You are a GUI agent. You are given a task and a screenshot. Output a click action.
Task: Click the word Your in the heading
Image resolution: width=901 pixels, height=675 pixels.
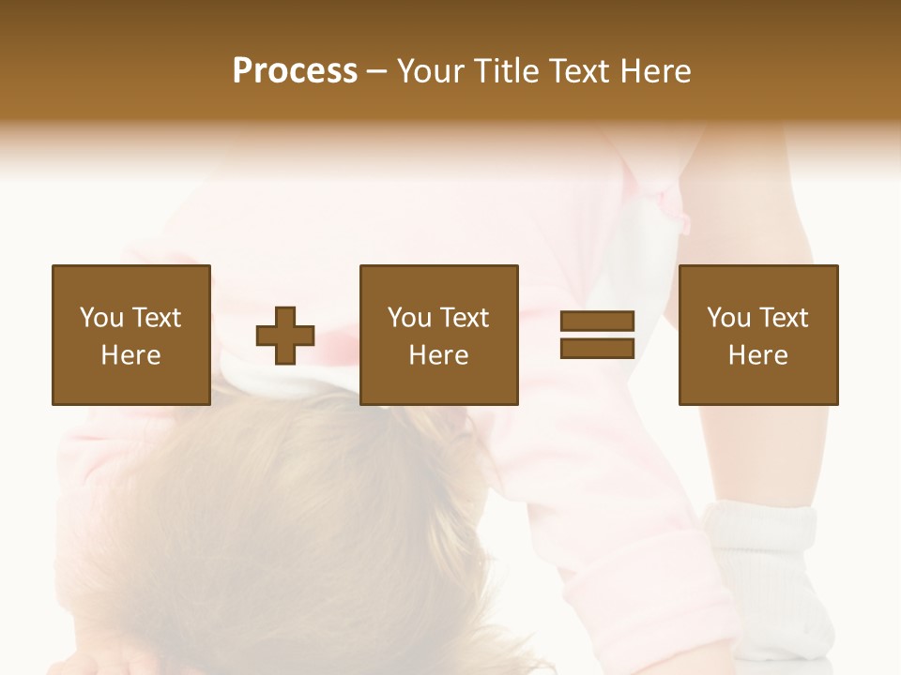tap(434, 72)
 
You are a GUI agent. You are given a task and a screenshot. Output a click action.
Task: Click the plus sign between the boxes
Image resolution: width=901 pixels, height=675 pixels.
tap(285, 335)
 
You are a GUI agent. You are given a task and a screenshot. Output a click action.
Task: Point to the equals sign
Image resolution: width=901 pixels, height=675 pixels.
tap(597, 335)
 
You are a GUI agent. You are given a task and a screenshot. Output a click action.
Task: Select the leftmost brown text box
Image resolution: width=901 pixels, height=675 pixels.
tap(131, 335)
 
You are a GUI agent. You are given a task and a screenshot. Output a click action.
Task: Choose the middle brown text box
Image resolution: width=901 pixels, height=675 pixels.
tap(439, 335)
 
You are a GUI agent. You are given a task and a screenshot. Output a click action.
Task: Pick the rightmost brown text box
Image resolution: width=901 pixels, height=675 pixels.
tap(758, 335)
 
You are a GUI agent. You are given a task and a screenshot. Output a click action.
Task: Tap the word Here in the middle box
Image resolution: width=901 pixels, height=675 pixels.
tap(439, 355)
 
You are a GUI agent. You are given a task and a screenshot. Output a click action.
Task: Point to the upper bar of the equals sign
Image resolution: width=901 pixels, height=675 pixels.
tap(597, 322)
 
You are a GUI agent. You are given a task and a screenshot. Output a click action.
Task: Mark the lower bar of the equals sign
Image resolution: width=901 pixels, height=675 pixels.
tap(597, 348)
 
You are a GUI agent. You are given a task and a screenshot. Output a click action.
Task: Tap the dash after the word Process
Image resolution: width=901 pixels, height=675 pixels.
tap(376, 72)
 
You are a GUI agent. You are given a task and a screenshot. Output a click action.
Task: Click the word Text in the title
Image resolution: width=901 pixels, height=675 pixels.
tap(581, 72)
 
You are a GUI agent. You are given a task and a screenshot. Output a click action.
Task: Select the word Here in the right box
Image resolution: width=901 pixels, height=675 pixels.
tap(758, 355)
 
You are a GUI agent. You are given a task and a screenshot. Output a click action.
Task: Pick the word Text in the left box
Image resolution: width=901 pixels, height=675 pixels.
tap(156, 318)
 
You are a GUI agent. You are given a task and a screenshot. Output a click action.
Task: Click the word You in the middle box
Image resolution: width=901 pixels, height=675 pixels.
tap(410, 318)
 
